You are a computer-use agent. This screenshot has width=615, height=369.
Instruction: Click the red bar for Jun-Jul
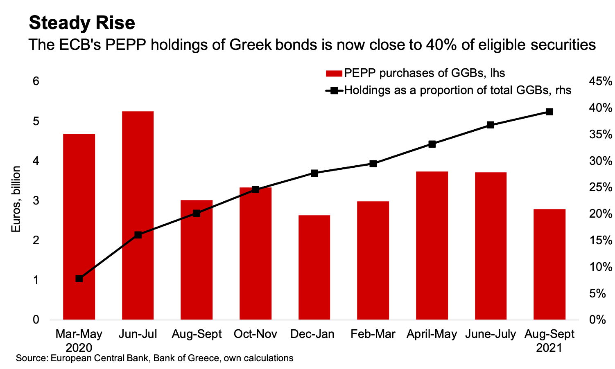click(138, 215)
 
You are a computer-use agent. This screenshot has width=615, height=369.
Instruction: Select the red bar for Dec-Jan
click(314, 267)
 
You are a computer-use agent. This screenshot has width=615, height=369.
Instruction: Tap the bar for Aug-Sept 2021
click(549, 264)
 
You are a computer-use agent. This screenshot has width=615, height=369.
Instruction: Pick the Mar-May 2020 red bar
click(79, 227)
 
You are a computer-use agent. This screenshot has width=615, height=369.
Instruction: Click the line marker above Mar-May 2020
click(79, 279)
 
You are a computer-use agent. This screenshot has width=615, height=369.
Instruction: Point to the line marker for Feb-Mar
click(373, 164)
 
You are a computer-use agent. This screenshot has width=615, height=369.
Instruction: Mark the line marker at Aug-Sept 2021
click(549, 112)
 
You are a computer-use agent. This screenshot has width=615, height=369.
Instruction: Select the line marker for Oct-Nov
click(255, 189)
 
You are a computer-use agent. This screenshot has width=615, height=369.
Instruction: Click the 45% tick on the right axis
click(600, 81)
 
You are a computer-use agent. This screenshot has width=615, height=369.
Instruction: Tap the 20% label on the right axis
click(600, 214)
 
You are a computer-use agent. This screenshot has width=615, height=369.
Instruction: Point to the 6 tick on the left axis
click(36, 81)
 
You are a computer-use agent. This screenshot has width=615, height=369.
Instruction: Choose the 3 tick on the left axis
click(36, 200)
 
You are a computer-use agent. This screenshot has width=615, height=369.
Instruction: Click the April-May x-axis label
click(432, 334)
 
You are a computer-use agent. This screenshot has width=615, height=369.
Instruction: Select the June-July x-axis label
click(491, 334)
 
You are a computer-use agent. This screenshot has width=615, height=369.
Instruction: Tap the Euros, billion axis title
click(16, 199)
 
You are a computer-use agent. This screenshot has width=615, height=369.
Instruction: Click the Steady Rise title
click(82, 23)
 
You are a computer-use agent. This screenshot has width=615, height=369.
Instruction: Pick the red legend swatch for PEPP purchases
click(334, 74)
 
